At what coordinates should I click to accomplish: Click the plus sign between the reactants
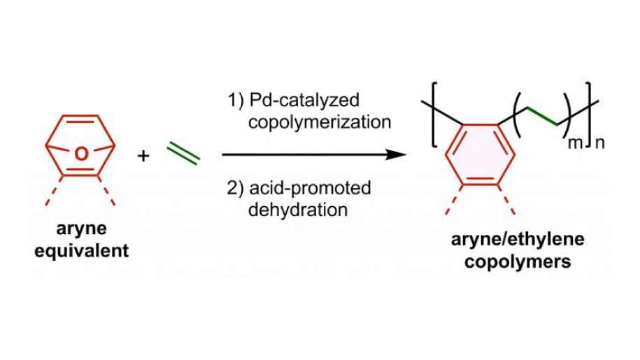coord(143,155)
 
